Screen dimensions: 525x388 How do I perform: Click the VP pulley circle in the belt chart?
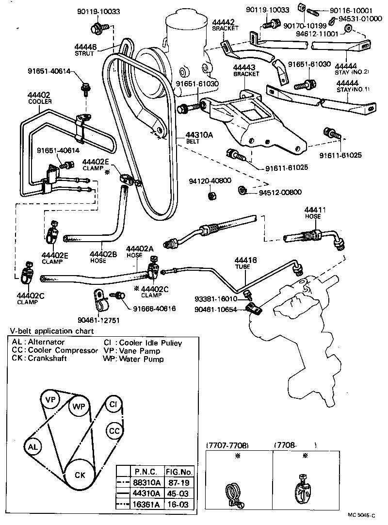pos(49,400)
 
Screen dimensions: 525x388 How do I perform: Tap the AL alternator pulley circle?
pos(33,446)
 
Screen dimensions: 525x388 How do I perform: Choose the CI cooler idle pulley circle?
pos(113,404)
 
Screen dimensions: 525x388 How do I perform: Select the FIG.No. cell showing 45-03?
pos(179,493)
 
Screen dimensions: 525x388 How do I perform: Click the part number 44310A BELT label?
pos(199,138)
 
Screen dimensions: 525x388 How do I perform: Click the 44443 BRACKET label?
pos(246,70)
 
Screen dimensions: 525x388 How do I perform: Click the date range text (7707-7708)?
pos(227,445)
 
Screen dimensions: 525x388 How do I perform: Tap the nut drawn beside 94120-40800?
pos(211,196)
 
